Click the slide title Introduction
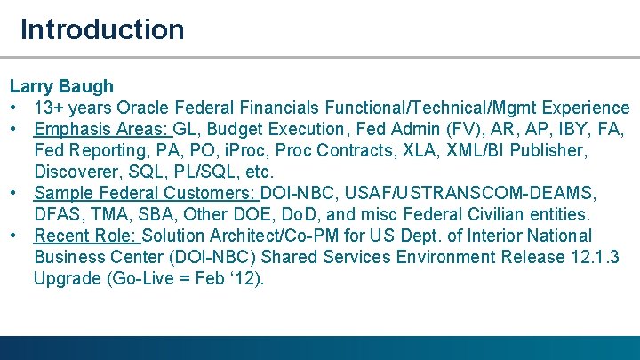102,29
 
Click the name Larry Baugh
61,86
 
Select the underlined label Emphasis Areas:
101,129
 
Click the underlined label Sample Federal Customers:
145,193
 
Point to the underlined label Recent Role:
85,236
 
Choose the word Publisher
549,150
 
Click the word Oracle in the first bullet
146,108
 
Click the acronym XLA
430,150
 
